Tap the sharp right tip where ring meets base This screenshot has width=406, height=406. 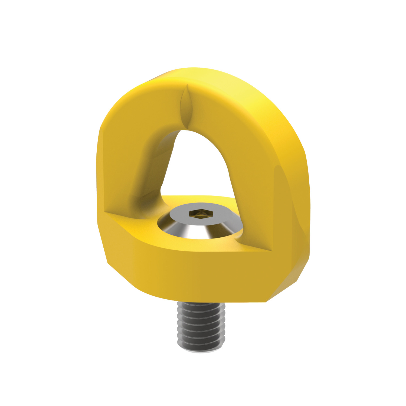(271, 251)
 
